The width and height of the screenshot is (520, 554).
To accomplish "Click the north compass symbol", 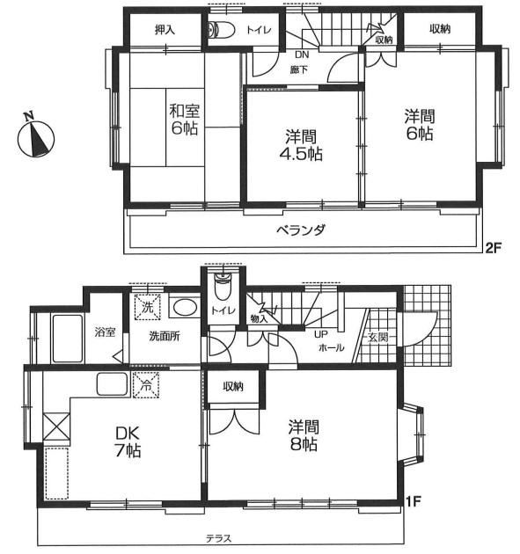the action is (36, 138).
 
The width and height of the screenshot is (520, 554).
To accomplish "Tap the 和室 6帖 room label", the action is (184, 120).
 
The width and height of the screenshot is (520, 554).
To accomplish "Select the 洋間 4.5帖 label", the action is (304, 146).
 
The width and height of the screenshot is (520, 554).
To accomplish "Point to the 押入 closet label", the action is (165, 30).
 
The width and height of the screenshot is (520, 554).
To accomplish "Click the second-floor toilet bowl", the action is (222, 30).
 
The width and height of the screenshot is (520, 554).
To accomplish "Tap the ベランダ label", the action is (300, 230).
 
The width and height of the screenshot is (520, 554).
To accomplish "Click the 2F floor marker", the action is (493, 248).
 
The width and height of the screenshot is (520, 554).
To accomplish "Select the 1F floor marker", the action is (413, 501).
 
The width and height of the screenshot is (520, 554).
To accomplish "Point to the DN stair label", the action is (302, 55).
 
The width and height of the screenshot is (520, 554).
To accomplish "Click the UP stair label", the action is (321, 334).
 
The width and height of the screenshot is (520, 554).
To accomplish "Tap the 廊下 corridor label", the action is (299, 70).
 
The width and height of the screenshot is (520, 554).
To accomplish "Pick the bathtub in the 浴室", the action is (67, 339).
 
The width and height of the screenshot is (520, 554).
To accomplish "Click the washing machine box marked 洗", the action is (148, 306).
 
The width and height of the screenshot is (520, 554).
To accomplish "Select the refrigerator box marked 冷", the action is (146, 385).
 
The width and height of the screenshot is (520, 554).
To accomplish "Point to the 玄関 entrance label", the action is (377, 337).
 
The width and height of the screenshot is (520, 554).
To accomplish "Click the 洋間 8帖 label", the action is (304, 435).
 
